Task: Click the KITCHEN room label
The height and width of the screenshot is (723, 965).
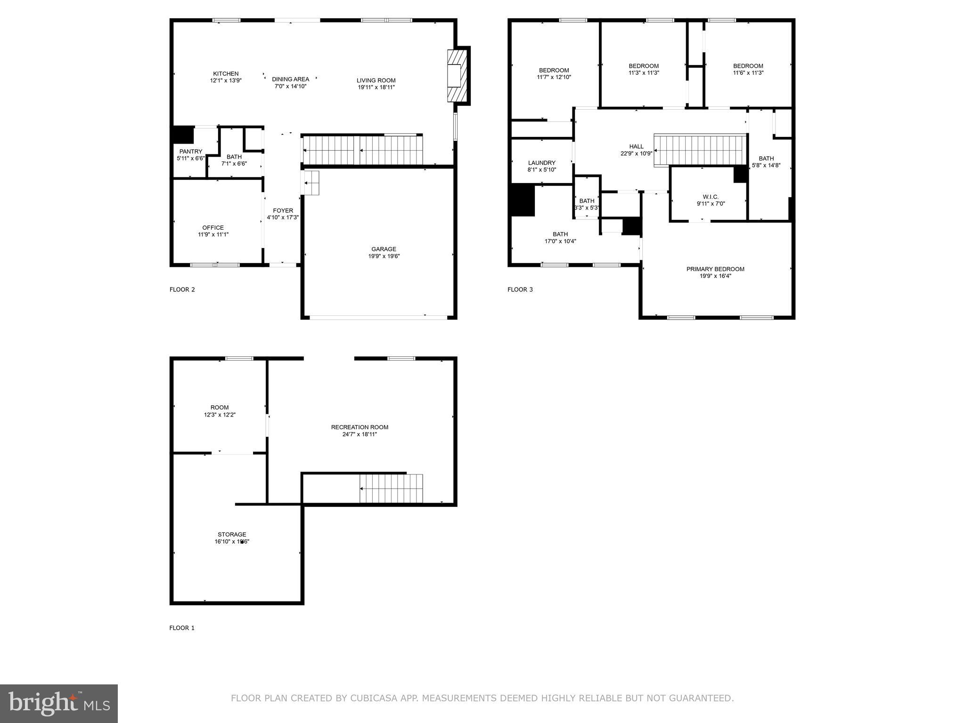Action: (x=226, y=74)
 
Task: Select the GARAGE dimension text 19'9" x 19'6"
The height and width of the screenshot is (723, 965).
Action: (x=384, y=257)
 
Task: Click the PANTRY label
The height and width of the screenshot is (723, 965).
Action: (x=190, y=152)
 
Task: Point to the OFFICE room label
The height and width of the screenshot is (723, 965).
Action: (x=213, y=228)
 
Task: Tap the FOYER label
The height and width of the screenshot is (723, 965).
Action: (x=283, y=211)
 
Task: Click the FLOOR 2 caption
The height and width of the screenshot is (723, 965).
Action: (x=182, y=289)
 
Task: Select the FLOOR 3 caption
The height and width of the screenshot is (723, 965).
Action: (x=520, y=289)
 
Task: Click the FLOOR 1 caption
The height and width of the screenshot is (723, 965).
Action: (x=182, y=628)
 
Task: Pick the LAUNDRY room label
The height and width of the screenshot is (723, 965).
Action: (x=541, y=163)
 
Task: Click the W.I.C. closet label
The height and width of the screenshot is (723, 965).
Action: (x=711, y=197)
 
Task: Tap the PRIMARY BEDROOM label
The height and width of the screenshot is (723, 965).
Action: (x=715, y=269)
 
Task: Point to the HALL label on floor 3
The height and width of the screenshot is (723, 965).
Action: (x=636, y=147)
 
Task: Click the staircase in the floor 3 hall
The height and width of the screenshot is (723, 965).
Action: (x=700, y=150)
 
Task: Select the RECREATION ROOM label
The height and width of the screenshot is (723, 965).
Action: (x=360, y=427)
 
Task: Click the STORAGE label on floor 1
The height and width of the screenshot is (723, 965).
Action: (x=232, y=535)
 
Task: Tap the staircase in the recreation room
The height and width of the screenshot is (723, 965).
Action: (x=391, y=489)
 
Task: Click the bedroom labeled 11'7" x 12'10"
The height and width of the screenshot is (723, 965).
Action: (x=554, y=71)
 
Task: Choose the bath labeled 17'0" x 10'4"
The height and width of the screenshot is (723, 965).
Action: (x=560, y=234)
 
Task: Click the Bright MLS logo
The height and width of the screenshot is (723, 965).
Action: (x=59, y=703)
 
